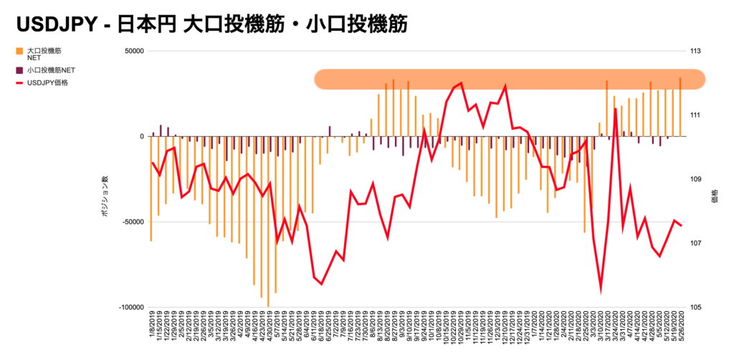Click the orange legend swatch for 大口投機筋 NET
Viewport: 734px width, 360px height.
pyautogui.click(x=19, y=52)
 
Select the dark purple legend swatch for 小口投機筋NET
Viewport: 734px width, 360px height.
pyautogui.click(x=19, y=70)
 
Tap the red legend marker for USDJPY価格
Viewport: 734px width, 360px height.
pyautogui.click(x=19, y=83)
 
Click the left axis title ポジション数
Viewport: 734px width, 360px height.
pyautogui.click(x=105, y=194)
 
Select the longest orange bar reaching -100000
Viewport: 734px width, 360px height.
pyautogui.click(x=268, y=222)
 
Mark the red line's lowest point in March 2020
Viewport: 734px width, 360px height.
pyautogui.click(x=601, y=291)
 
